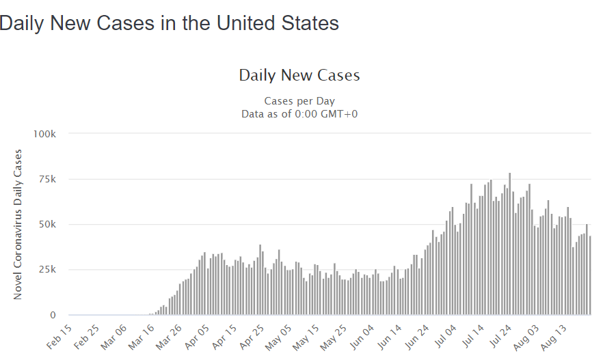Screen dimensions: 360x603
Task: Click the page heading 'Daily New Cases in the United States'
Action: pos(169,23)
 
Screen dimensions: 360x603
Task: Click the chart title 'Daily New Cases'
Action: pos(299,75)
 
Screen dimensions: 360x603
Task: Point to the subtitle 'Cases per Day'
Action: pos(299,101)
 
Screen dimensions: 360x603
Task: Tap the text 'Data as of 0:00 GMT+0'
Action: pos(299,113)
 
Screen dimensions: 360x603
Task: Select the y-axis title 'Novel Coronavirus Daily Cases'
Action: pos(18,224)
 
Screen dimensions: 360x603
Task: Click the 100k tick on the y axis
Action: pos(44,133)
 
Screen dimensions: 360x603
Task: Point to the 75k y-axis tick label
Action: pos(46,179)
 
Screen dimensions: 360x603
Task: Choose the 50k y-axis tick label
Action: pos(46,224)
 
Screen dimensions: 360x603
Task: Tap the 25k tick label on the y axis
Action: pos(46,270)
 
